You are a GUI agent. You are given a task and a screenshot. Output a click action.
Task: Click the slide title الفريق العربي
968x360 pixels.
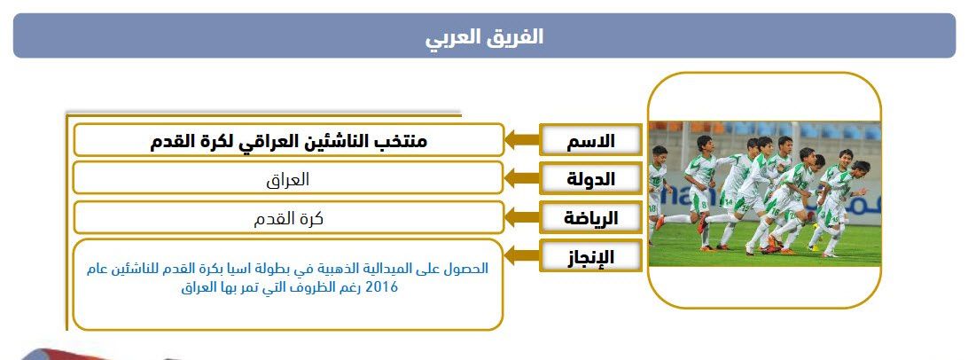click(484, 36)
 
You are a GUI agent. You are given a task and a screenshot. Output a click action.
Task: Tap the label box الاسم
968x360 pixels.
click(590, 140)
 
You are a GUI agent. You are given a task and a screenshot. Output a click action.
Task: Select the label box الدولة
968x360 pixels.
click(590, 179)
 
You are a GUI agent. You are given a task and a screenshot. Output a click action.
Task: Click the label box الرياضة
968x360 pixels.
click(590, 218)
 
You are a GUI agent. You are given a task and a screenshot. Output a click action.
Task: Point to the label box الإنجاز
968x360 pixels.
click(590, 255)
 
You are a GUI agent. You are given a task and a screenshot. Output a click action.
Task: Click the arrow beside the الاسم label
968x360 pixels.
click(522, 140)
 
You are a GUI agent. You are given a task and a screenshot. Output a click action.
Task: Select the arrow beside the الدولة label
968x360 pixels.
click(522, 179)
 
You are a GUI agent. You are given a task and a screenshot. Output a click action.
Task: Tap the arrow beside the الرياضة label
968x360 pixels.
click(522, 218)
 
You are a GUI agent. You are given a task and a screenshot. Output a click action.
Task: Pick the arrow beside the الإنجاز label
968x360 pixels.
click(522, 255)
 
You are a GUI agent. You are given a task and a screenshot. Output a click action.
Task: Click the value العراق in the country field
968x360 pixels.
click(288, 180)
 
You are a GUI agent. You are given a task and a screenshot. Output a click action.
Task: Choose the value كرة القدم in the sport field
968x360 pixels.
click(288, 219)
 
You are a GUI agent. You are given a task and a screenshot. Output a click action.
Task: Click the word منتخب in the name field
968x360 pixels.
click(402, 141)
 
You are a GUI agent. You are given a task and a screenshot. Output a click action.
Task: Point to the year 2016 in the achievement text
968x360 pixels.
click(382, 287)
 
